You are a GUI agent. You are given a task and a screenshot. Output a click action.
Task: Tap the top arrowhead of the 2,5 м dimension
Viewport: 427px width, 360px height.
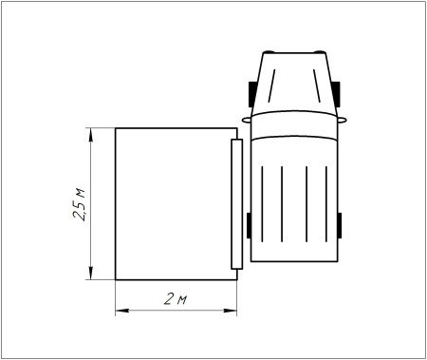pos(89,134)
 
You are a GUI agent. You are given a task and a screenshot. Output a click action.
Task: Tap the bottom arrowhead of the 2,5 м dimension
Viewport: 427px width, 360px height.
pos(89,275)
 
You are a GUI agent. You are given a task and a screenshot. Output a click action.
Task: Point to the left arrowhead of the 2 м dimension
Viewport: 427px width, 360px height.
pos(121,310)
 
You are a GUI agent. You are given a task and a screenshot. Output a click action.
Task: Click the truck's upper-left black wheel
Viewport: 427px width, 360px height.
pos(252,91)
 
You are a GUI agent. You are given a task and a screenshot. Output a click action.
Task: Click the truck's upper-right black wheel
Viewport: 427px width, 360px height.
pos(337,91)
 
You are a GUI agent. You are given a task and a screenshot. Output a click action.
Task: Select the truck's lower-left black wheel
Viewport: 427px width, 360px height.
pos(249,225)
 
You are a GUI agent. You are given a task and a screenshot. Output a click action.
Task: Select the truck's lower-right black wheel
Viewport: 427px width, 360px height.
pos(340,225)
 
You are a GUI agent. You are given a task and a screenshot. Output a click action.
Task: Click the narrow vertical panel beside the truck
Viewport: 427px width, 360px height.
pos(236,204)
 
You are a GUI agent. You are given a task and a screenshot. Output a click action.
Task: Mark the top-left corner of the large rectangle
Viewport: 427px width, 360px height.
pos(115,128)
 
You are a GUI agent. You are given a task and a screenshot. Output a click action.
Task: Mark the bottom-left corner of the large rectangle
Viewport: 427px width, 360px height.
pos(115,280)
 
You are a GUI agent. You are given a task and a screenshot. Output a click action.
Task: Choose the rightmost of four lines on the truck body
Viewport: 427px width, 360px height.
pos(327,204)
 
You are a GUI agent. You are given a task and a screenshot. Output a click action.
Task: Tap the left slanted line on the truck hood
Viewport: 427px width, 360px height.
pos(273,90)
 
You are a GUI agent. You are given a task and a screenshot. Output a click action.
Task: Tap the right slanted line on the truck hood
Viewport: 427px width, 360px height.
pos(316,90)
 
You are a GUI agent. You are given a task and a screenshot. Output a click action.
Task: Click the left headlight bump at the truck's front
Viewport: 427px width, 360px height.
pos(269,50)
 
